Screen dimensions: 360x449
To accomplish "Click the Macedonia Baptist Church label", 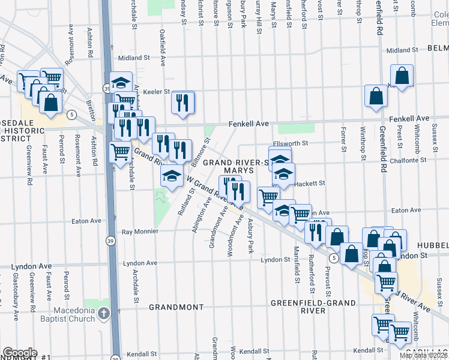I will pos(74,314).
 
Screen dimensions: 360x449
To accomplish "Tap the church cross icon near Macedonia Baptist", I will pos(104,313).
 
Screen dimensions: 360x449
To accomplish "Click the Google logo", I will pos(20,353).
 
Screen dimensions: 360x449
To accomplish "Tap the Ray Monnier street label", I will pos(140,231).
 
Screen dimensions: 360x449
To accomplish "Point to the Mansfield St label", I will pos(297,264).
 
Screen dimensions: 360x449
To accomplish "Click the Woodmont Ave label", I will pos(231,239).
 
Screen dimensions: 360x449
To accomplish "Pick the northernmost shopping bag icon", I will pos(402,77).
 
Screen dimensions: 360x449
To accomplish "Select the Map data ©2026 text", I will pos(424,355).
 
